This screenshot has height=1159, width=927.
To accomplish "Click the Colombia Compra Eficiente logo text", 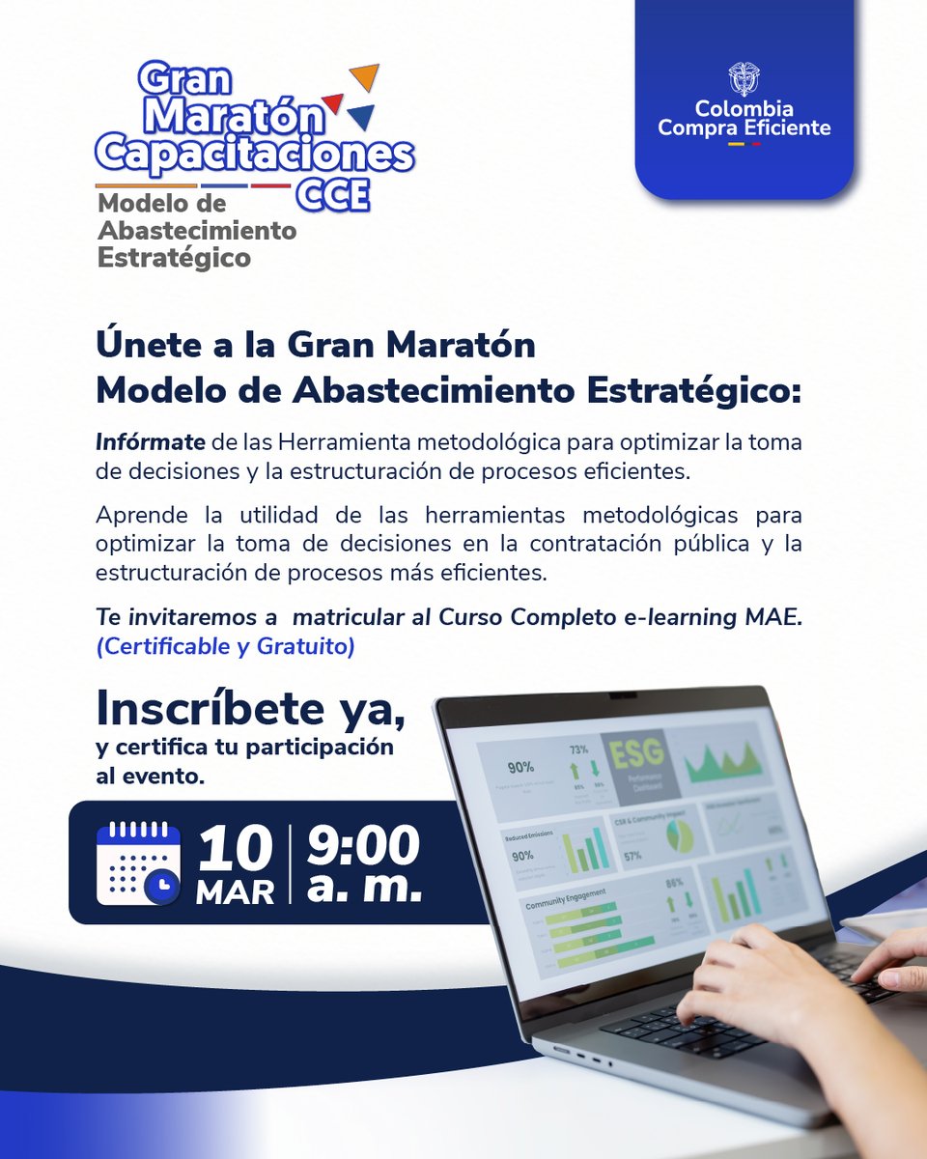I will pos(744,117).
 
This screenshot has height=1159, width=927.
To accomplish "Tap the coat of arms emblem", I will pos(744,77).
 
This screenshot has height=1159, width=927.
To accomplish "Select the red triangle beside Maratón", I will pos(333,102).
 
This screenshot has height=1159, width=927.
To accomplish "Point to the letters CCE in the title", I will pos(332,194).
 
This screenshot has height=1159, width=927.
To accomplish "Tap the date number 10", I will pos(235,847).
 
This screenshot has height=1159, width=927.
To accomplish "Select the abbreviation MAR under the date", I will pos(235,892).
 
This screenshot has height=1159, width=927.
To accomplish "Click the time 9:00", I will pos(364,846).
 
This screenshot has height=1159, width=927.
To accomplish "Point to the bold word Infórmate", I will pos(150,442).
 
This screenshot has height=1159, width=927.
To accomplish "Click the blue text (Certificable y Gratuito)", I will pos(225,647).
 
